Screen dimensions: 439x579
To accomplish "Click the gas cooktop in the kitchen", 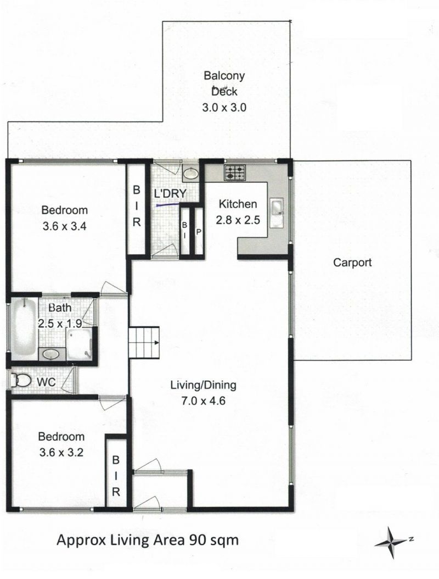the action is (235, 172).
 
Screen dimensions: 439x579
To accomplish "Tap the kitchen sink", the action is (277, 213).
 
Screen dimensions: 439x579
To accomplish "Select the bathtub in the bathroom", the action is (24, 327).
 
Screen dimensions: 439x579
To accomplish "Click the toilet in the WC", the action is (21, 380).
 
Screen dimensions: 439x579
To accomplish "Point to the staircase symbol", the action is (144, 342).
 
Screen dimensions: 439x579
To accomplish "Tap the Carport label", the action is (352, 263).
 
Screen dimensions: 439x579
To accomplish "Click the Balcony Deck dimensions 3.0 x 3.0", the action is (224, 108).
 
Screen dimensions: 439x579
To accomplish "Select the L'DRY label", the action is (170, 193).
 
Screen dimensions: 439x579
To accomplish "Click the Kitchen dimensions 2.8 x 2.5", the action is (238, 220).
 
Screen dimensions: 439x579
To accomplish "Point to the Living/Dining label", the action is (203, 385).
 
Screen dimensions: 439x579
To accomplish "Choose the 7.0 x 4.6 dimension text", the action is (203, 400).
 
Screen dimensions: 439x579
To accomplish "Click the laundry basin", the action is (191, 172).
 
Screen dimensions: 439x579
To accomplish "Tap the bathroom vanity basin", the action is (51, 354).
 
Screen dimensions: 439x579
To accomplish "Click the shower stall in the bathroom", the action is (78, 344).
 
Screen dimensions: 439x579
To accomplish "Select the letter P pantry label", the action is (199, 232).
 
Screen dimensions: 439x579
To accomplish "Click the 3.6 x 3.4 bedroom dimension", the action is (65, 226).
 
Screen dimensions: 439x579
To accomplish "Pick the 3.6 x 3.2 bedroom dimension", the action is (61, 452).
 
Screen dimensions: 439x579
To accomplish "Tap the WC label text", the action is (46, 382).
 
